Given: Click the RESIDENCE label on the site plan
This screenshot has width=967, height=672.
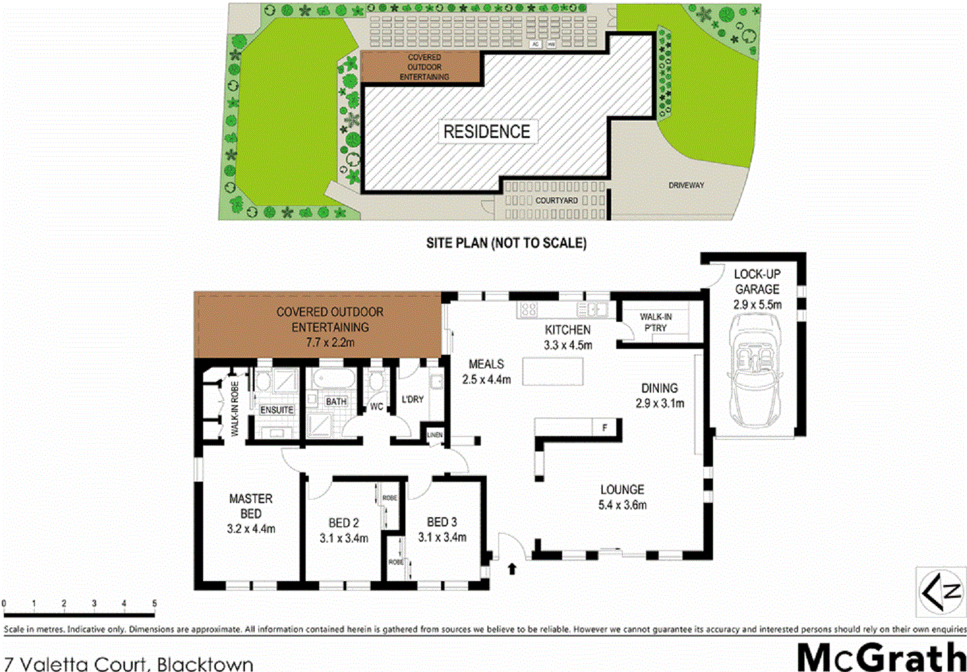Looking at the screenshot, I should [x=487, y=132].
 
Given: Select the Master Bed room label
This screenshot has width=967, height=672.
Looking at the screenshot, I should [x=251, y=506].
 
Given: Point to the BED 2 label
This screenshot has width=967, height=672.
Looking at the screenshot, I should [x=344, y=522].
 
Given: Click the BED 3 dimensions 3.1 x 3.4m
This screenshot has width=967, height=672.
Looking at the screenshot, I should [x=442, y=537].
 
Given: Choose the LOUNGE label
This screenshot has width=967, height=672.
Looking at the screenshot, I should [x=622, y=489].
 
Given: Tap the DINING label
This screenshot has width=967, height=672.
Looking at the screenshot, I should [x=659, y=388].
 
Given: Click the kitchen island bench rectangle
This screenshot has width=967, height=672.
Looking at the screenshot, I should [x=552, y=371].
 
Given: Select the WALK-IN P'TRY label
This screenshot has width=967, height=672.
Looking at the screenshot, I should [x=656, y=322].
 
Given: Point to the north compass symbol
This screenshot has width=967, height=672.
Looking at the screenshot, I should [x=941, y=592].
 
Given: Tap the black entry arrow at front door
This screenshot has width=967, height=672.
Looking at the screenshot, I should [x=512, y=569].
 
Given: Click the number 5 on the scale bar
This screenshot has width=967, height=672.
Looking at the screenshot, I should [x=154, y=604].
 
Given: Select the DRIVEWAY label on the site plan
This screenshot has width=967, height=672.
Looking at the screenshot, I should [x=686, y=185].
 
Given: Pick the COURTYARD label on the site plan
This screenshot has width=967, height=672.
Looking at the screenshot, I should [x=556, y=201].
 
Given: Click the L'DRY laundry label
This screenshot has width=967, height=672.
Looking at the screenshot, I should [x=413, y=399].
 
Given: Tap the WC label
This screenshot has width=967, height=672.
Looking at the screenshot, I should [x=376, y=406].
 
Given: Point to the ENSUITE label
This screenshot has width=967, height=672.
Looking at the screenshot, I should [x=277, y=410].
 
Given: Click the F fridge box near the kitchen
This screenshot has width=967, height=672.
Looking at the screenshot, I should [x=605, y=428].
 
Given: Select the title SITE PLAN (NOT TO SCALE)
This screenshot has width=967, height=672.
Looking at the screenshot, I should [x=506, y=243].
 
